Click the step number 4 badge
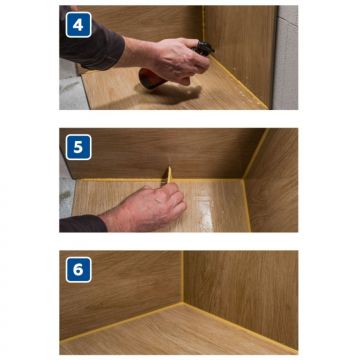click(x=78, y=25)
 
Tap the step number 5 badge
click(x=78, y=147)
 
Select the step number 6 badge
click(x=78, y=270)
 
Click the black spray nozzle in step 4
click(x=204, y=49)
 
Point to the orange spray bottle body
click(x=151, y=79)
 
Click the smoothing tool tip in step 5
click(x=169, y=168)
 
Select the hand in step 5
click(x=147, y=207)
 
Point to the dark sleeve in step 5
click(x=82, y=224)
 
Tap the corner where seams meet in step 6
click(x=183, y=303)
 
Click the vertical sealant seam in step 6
click(x=182, y=277)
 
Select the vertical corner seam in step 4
click(x=202, y=23)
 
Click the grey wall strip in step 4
click(x=285, y=58)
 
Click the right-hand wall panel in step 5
click(x=272, y=180)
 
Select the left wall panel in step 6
click(x=121, y=293)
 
